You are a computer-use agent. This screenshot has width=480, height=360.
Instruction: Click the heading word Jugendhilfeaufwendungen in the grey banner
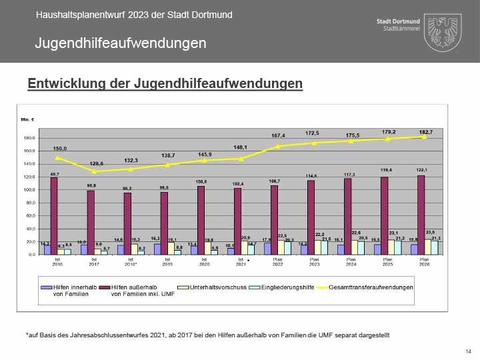pos(120,44)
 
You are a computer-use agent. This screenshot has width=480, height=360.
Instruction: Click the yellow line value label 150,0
pos(59,149)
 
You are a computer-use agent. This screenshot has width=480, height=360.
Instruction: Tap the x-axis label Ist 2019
pos(167,262)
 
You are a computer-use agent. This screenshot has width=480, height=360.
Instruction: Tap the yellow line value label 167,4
pos(277,135)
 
